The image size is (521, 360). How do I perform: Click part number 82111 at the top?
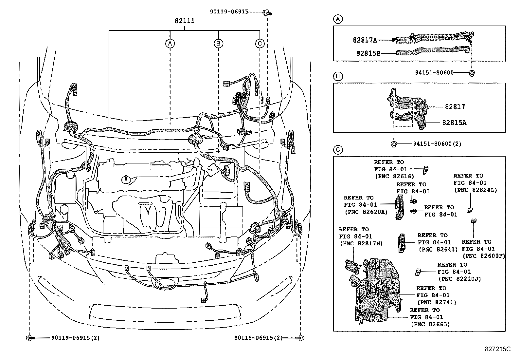185,21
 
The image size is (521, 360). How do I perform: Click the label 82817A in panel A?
365,40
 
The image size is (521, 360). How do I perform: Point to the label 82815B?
368,53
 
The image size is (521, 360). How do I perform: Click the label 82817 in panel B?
455,107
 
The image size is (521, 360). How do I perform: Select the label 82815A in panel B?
454,123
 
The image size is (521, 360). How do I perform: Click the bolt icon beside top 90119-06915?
267,12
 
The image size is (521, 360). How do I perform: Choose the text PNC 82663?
430,324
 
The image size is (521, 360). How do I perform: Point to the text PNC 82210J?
459,279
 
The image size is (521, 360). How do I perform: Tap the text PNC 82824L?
475,190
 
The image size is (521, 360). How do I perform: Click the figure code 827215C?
498,349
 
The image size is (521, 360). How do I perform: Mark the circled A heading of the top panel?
338,19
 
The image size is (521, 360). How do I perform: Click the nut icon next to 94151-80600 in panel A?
472,73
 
